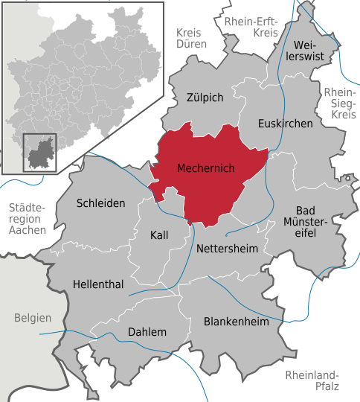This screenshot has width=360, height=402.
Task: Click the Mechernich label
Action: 206,169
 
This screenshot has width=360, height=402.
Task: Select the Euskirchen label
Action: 285,124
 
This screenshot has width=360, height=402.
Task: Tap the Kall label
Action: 159,234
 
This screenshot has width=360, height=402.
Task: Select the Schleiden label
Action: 101,202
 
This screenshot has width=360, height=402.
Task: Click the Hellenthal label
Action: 98,284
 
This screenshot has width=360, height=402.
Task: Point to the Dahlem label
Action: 147,332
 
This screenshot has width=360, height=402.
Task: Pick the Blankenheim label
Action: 237,322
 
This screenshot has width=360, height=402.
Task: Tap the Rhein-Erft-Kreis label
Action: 251,27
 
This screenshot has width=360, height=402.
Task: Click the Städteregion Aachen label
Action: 27,219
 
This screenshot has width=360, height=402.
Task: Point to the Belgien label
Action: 33,318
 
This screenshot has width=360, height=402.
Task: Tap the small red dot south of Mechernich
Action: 190,221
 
